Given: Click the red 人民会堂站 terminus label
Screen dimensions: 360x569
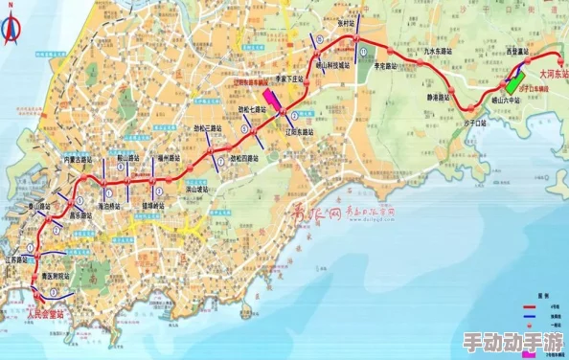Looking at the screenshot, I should click(x=46, y=312).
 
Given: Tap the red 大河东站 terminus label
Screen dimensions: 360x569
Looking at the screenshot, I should click(x=552, y=73).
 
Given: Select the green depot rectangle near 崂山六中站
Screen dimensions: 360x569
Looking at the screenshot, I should click(x=517, y=78).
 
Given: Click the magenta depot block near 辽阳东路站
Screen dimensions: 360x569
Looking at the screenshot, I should click(x=273, y=101).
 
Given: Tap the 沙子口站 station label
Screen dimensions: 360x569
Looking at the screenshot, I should click(x=475, y=123).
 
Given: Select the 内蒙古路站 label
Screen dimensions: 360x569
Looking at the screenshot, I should click(x=77, y=159).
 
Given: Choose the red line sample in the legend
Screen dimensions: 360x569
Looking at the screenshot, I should click(x=530, y=307).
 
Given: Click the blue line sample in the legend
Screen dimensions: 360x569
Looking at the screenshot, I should click(x=530, y=319).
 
